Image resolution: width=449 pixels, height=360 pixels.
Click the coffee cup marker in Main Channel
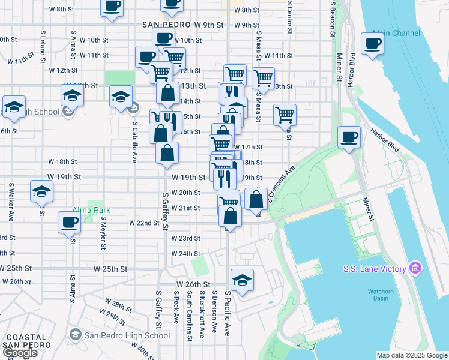tap(372, 44)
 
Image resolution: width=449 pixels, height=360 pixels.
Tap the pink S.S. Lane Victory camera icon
tap(414, 268)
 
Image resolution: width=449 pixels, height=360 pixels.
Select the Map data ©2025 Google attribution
tap(412, 355)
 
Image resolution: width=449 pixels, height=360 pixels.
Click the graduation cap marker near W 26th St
tap(242, 281)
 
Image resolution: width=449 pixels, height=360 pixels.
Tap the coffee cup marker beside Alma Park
tap(69, 223)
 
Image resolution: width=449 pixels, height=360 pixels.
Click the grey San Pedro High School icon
tap(76, 335)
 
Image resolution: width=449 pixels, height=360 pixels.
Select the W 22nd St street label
tap(144, 223)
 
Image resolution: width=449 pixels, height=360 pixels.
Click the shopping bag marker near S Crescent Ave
tap(256, 199)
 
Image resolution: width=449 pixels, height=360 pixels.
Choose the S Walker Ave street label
tap(11, 201)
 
